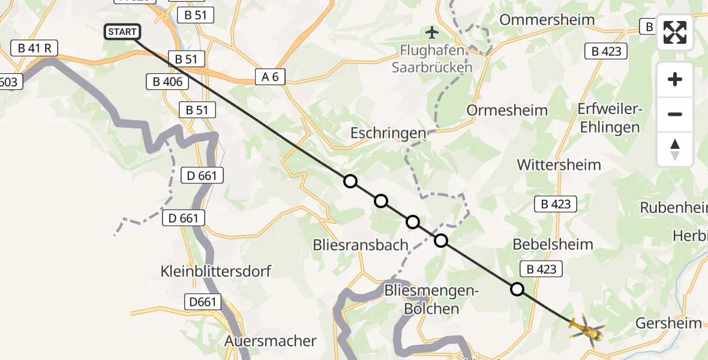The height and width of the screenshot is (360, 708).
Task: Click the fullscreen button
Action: pos(675,32)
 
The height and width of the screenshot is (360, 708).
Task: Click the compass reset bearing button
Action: pos(675,150)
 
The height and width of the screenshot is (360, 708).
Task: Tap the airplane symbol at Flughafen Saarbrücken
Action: pos(431,31)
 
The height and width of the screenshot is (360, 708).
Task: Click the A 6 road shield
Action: pos(269,76)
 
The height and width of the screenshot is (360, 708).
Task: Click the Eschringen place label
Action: pos(389,133)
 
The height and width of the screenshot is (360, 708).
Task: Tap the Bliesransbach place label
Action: pos(361,245)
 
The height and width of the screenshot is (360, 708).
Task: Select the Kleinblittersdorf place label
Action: pos(216,271)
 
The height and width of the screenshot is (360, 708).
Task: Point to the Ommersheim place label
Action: pos(547,19)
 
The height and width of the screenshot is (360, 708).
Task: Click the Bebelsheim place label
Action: pos(553,244)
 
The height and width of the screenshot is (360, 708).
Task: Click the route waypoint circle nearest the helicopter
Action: pos(517,289)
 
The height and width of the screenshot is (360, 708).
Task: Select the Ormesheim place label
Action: pos(507,110)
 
